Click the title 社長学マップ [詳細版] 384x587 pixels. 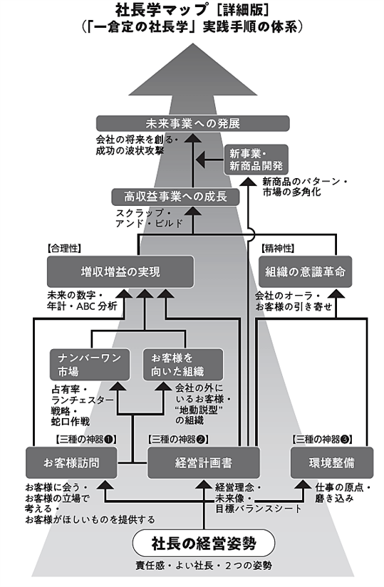[x=192, y=11]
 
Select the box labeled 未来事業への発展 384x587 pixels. [x=193, y=123]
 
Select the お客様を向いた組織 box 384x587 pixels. [x=173, y=364]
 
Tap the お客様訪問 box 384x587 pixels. [x=71, y=463]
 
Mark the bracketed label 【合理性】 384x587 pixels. [x=63, y=248]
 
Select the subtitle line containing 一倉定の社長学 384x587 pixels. [x=192, y=27]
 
